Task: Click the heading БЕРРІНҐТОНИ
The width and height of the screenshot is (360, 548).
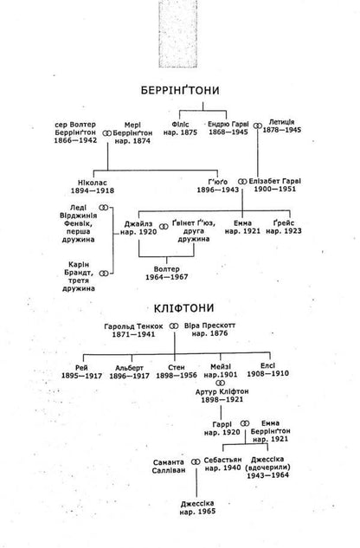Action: click(180, 90)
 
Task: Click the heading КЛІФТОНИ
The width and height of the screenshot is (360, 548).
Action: click(183, 308)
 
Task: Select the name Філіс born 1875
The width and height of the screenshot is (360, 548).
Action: click(180, 128)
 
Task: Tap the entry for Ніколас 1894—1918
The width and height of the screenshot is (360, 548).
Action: click(93, 187)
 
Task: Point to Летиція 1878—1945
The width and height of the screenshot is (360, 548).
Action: click(282, 126)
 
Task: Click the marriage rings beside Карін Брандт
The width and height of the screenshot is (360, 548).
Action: click(104, 274)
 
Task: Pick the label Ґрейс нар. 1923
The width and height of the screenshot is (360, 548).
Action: click(284, 227)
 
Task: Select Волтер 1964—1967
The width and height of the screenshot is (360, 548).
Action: click(167, 273)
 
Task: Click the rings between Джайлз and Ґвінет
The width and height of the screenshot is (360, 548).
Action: click(164, 227)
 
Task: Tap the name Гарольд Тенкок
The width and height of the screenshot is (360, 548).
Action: click(133, 326)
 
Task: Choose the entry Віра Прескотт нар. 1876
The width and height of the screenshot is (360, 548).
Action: click(209, 329)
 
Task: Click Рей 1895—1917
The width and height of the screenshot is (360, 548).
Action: click(81, 372)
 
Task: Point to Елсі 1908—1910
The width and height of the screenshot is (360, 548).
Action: click(267, 370)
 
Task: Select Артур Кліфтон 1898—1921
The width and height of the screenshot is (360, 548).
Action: click(222, 396)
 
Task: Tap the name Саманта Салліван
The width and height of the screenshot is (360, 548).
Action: click(169, 467)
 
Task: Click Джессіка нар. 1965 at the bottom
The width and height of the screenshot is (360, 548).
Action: click(197, 507)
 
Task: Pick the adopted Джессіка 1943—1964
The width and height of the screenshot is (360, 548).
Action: click(267, 467)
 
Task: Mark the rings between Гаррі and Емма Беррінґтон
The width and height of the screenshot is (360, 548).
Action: click(245, 423)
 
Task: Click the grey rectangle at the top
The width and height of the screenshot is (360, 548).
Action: click(178, 34)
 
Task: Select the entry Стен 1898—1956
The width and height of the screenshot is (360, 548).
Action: click(177, 371)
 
